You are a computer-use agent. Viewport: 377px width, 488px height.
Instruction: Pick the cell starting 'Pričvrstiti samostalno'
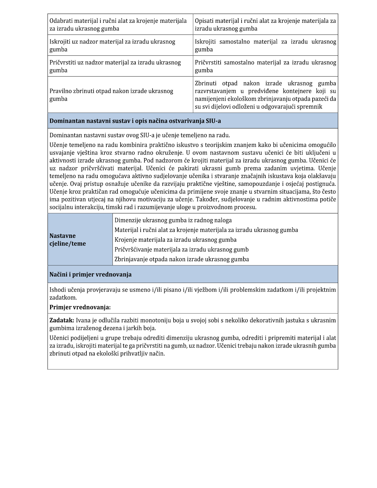(265, 66)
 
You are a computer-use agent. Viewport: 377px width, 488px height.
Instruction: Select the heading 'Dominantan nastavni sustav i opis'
(135, 121)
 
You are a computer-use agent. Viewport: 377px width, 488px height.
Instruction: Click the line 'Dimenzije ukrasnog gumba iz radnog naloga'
(173, 220)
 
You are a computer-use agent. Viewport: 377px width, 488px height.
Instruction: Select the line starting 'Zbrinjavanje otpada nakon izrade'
(181, 259)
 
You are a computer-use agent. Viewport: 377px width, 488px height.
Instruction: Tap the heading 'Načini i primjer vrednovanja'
(90, 274)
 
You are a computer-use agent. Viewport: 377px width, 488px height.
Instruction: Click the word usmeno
(140, 290)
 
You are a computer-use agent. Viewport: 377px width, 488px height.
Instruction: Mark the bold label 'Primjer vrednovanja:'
(80, 307)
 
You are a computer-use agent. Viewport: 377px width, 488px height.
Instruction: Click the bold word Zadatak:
(62, 320)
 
